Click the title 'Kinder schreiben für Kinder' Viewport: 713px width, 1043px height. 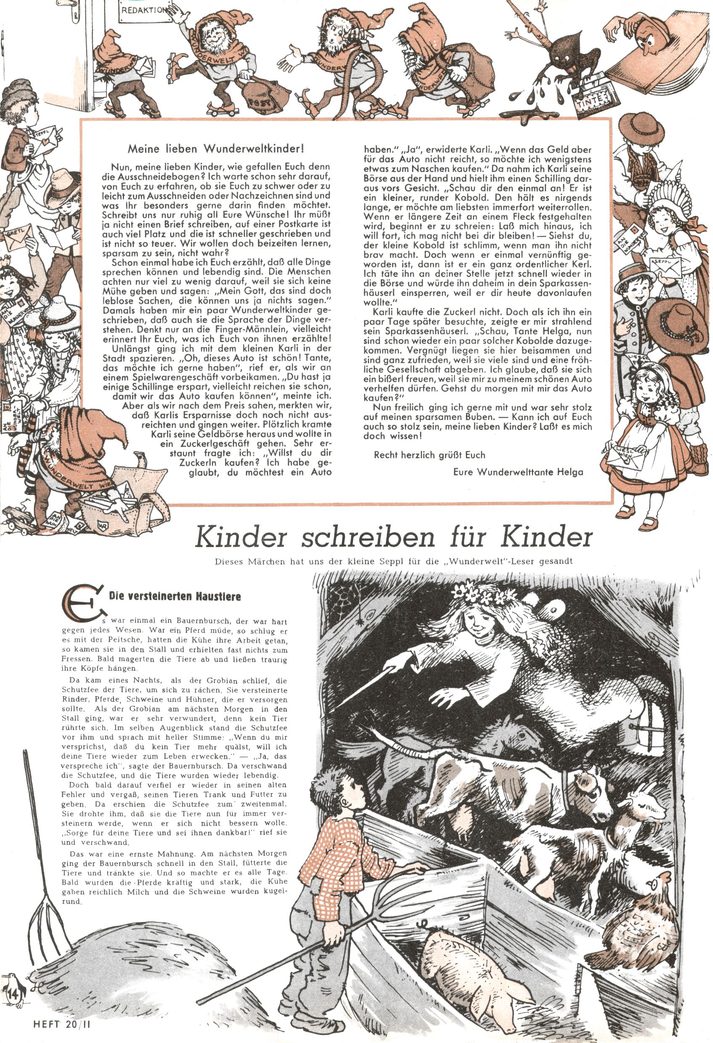(x=393, y=537)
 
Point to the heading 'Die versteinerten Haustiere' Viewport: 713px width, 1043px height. (x=174, y=596)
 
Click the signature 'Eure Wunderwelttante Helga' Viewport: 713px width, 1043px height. (x=518, y=472)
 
